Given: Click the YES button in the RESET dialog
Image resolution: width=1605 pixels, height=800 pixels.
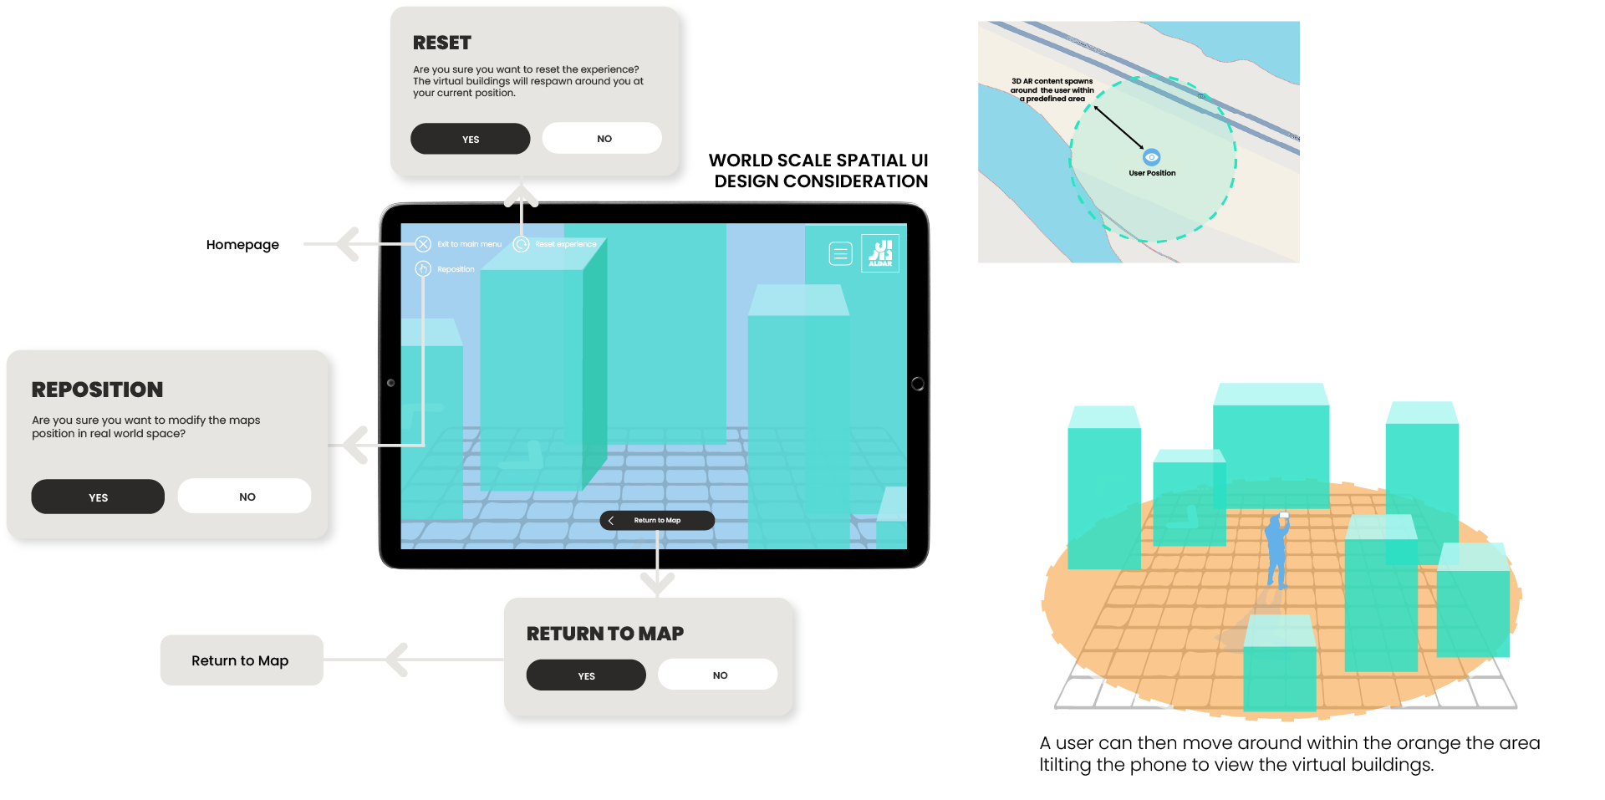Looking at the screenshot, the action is pos(471,139).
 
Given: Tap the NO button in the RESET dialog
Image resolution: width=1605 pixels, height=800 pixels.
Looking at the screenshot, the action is pos(602,138).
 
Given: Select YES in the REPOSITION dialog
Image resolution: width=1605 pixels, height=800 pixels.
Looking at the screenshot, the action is pos(98,497).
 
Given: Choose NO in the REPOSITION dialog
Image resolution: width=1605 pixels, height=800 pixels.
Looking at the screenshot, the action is pos(244,496).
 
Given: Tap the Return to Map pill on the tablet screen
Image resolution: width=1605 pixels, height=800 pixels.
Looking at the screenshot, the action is pos(657,520).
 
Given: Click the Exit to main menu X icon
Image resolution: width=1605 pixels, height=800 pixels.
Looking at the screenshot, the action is pos(423,244).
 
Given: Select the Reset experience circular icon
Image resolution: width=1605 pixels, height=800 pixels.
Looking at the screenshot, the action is pos(521,244).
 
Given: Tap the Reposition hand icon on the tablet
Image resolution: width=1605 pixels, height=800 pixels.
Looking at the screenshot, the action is pos(423,268).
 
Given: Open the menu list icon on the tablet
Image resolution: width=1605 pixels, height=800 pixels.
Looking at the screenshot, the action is pos(840,253).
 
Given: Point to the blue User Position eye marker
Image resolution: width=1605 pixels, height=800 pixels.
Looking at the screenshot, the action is pos(1152,157).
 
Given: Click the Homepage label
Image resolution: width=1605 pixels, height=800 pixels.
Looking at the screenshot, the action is pos(242,245).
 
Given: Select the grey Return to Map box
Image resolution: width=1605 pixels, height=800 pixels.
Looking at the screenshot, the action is pos(242,660).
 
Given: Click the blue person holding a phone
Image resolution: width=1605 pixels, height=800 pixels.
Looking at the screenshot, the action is pos(1277,550).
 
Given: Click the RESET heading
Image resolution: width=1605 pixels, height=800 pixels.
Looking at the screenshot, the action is pos(442,43).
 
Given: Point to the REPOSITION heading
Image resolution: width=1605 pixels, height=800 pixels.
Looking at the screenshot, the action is pos(97,390).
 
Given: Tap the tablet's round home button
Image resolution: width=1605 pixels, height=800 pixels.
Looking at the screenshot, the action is pos(917,384).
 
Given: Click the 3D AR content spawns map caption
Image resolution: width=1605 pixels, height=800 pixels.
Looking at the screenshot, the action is pos(1052,90).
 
